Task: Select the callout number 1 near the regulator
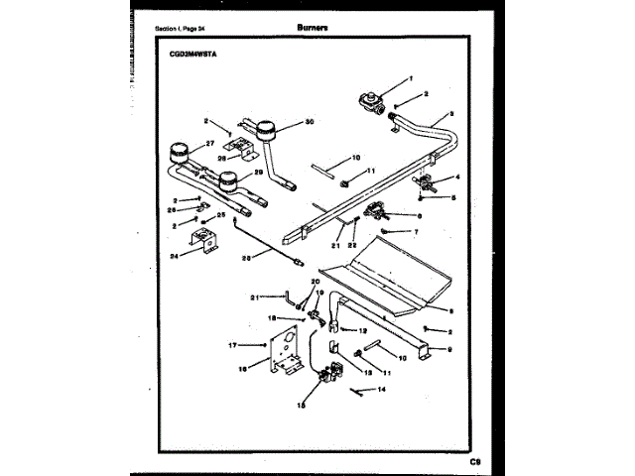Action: click(x=411, y=78)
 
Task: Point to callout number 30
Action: click(x=310, y=122)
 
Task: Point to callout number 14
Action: click(x=381, y=391)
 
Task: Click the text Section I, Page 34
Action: click(x=185, y=30)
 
